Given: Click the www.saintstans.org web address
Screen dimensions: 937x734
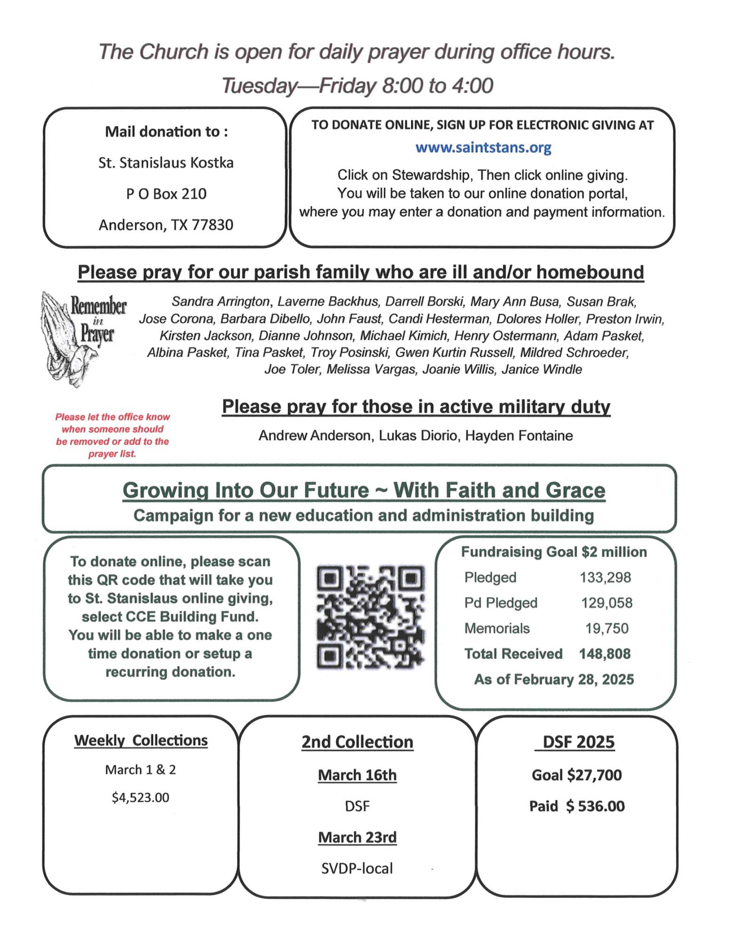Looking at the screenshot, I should [x=483, y=148].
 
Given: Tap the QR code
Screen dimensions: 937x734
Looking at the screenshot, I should [x=370, y=617].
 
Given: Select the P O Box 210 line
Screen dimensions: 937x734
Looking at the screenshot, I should [x=166, y=194].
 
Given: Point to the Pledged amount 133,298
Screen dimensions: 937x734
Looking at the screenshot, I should [x=605, y=577].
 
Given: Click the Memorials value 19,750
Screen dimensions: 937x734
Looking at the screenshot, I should [x=606, y=628].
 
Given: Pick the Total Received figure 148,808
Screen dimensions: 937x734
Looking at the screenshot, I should [x=605, y=654].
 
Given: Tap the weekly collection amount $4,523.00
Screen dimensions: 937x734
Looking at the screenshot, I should [x=140, y=797].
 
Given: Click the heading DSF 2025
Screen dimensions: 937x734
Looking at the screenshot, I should [x=578, y=742].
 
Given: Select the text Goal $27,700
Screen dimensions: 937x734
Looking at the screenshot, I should [x=576, y=775].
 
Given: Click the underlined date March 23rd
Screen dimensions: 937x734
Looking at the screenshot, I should [x=357, y=837].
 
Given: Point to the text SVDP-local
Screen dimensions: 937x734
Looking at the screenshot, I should [x=357, y=868].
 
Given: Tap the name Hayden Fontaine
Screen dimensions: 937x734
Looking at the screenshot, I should [x=519, y=436].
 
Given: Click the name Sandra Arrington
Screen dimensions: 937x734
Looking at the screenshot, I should [x=221, y=301].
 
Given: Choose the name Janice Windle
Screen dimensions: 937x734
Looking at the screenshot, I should [x=542, y=370].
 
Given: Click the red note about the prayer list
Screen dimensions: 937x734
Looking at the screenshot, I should [x=112, y=435].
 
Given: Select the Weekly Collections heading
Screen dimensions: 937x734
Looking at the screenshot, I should [x=141, y=740].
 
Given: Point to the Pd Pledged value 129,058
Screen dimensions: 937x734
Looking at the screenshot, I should [x=606, y=603].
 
